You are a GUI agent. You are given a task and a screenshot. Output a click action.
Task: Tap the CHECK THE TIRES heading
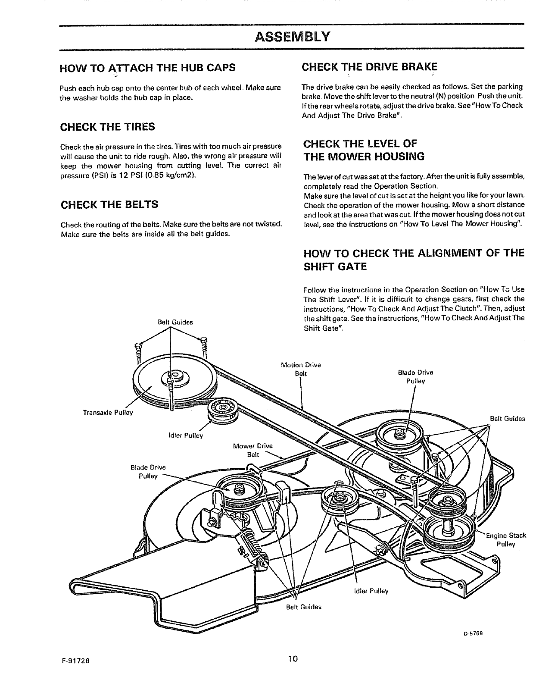point(107,127)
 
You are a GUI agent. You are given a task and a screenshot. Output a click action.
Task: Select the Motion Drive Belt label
point(301,369)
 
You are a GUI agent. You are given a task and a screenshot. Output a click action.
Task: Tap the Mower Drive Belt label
point(253,450)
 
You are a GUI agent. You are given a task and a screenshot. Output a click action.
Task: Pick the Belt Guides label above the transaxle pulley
point(175,322)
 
